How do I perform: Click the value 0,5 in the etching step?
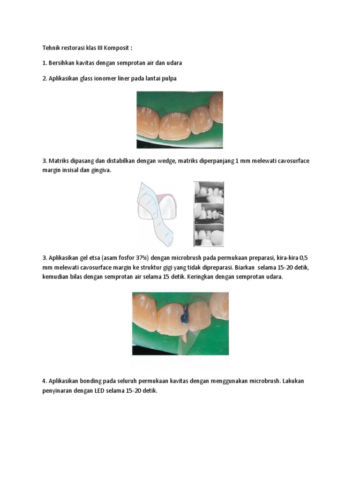click(303, 258)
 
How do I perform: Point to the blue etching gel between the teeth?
click(184, 318)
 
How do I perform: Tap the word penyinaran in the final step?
click(57, 391)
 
